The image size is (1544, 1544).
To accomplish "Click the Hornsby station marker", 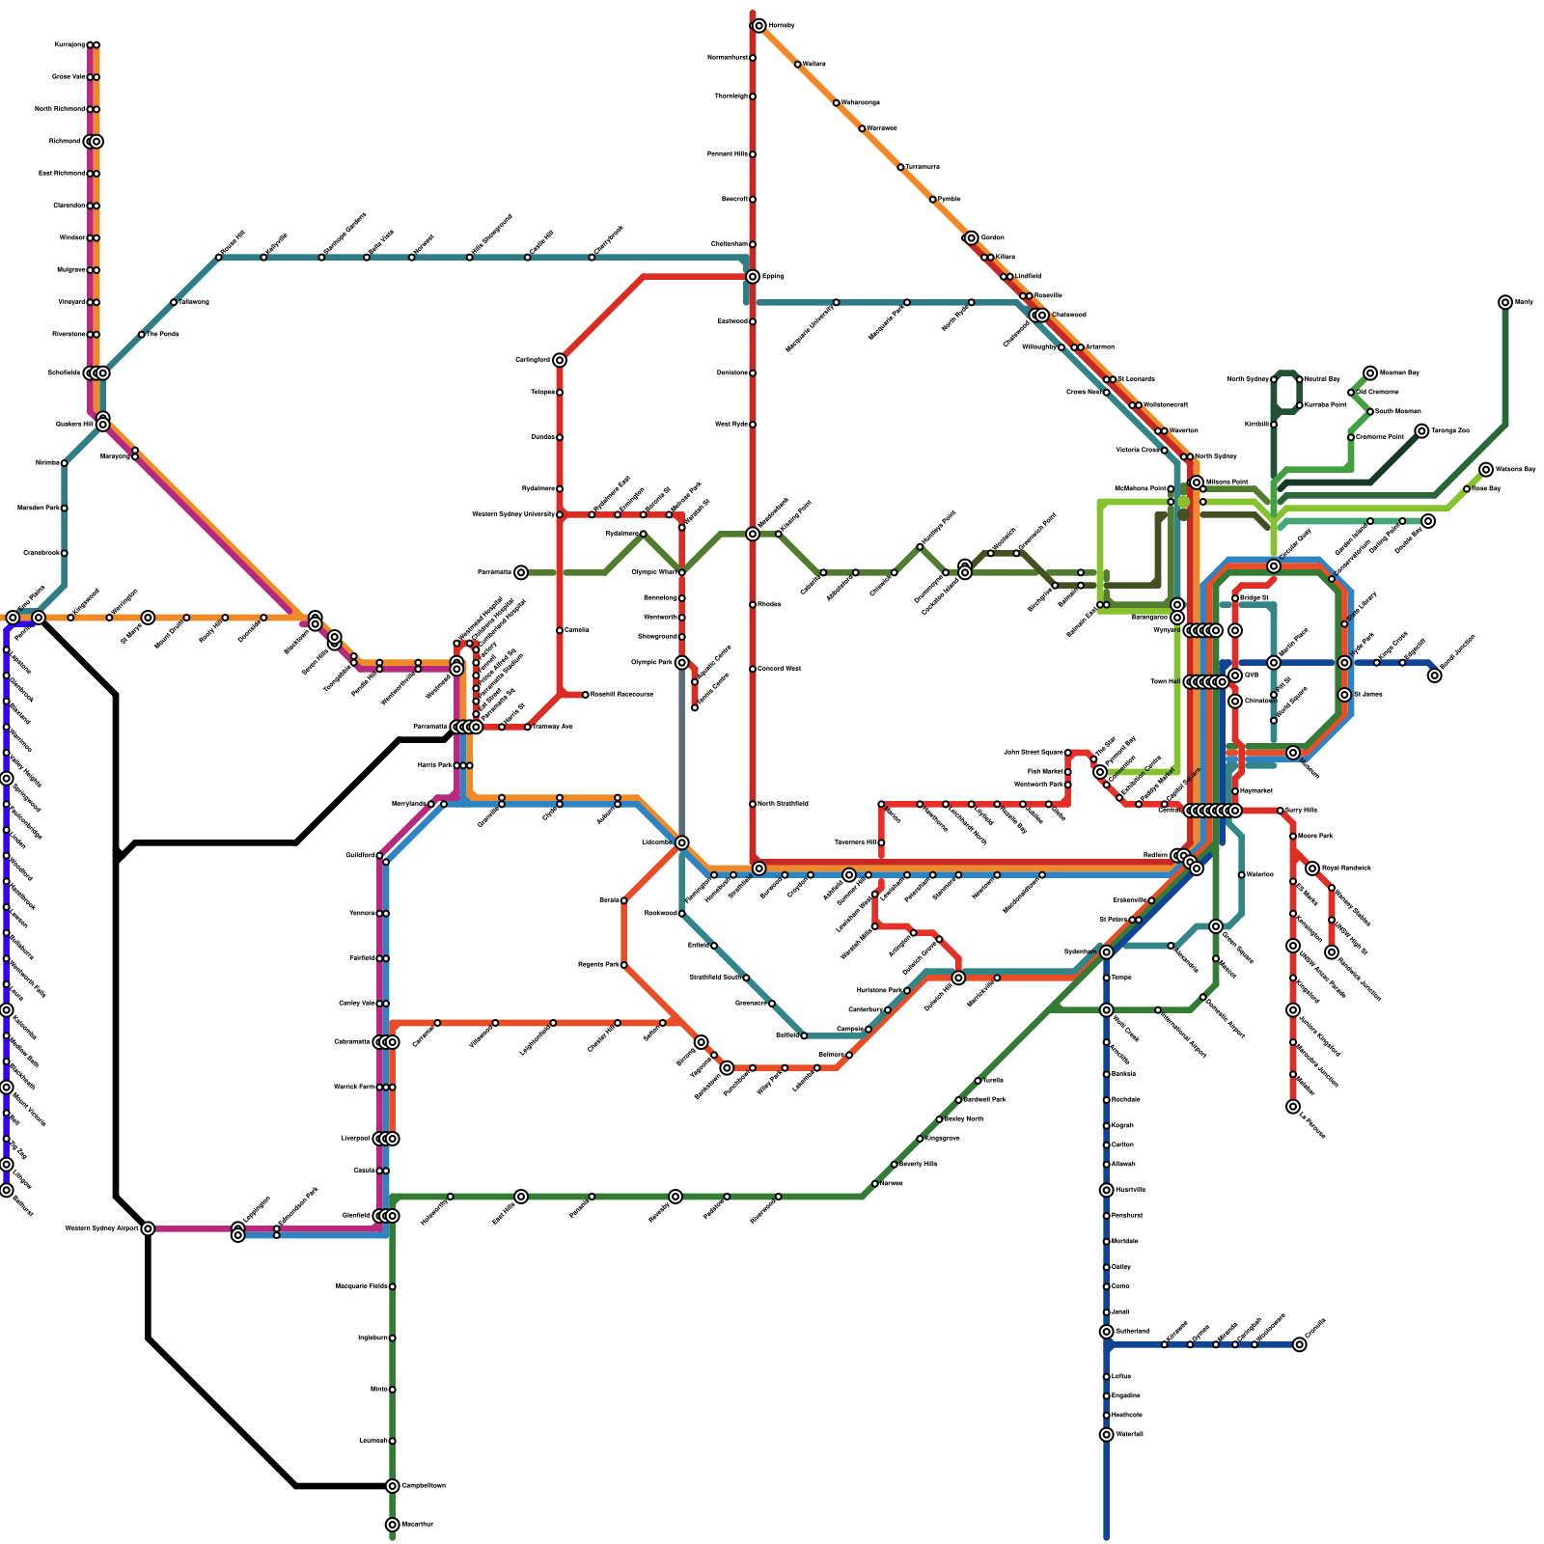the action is pyautogui.click(x=759, y=26).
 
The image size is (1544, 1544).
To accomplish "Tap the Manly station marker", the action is pyautogui.click(x=1505, y=302).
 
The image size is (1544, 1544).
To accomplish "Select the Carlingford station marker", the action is pyautogui.click(x=560, y=360).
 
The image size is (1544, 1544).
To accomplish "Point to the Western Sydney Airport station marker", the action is pyautogui.click(x=148, y=1228).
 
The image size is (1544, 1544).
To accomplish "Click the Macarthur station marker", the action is pyautogui.click(x=392, y=1525).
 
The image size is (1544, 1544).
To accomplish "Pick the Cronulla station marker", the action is pyautogui.click(x=1300, y=1344).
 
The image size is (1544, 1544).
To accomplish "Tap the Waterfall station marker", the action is pyautogui.click(x=1107, y=1435).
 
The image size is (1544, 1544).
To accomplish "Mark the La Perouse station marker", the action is pyautogui.click(x=1293, y=1107).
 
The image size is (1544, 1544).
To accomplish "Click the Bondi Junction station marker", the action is pyautogui.click(x=1435, y=675).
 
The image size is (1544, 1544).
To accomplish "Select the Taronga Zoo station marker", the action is pyautogui.click(x=1421, y=431).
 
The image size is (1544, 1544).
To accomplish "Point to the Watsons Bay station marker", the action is pyautogui.click(x=1486, y=470).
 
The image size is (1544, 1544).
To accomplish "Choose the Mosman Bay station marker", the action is pyautogui.click(x=1370, y=373).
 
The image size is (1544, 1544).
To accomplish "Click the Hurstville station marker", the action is pyautogui.click(x=1107, y=1190).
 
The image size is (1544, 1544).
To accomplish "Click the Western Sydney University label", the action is pyautogui.click(x=513, y=514).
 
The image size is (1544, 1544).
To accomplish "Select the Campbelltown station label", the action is pyautogui.click(x=423, y=1486).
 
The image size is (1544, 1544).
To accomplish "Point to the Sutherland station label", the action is pyautogui.click(x=1132, y=1332).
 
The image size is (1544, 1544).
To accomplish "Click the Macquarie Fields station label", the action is pyautogui.click(x=362, y=1286).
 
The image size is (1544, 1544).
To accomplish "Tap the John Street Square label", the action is pyautogui.click(x=1034, y=753).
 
